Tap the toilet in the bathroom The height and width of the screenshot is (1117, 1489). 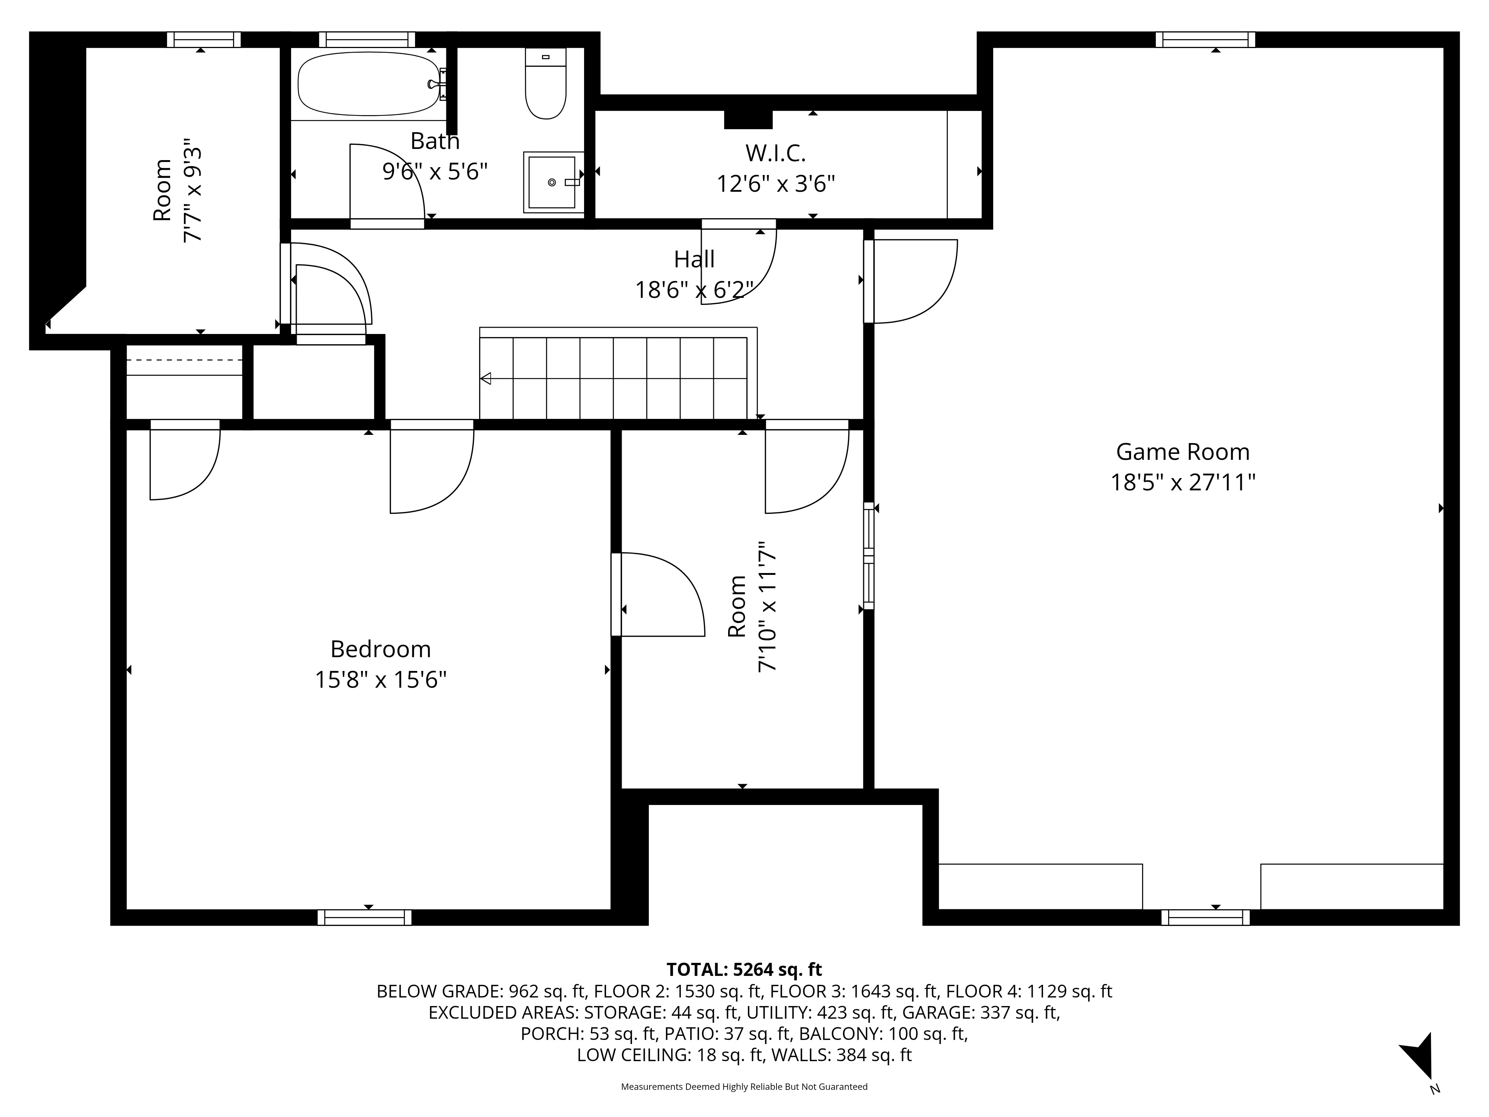pos(545,87)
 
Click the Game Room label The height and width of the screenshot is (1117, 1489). pos(1183,452)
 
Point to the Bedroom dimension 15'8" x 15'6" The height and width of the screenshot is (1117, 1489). pos(380,680)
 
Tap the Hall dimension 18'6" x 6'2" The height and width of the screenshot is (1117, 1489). pos(694,290)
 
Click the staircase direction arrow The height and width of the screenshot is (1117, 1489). pos(485,378)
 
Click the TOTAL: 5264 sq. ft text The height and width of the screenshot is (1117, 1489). pos(744,970)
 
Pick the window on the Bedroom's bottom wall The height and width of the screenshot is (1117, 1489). pos(364,917)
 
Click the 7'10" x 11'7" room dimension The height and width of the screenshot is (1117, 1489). pos(767,606)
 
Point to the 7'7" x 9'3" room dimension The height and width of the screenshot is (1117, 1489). pos(192,191)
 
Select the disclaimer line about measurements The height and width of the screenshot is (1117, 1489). pos(744,1087)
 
